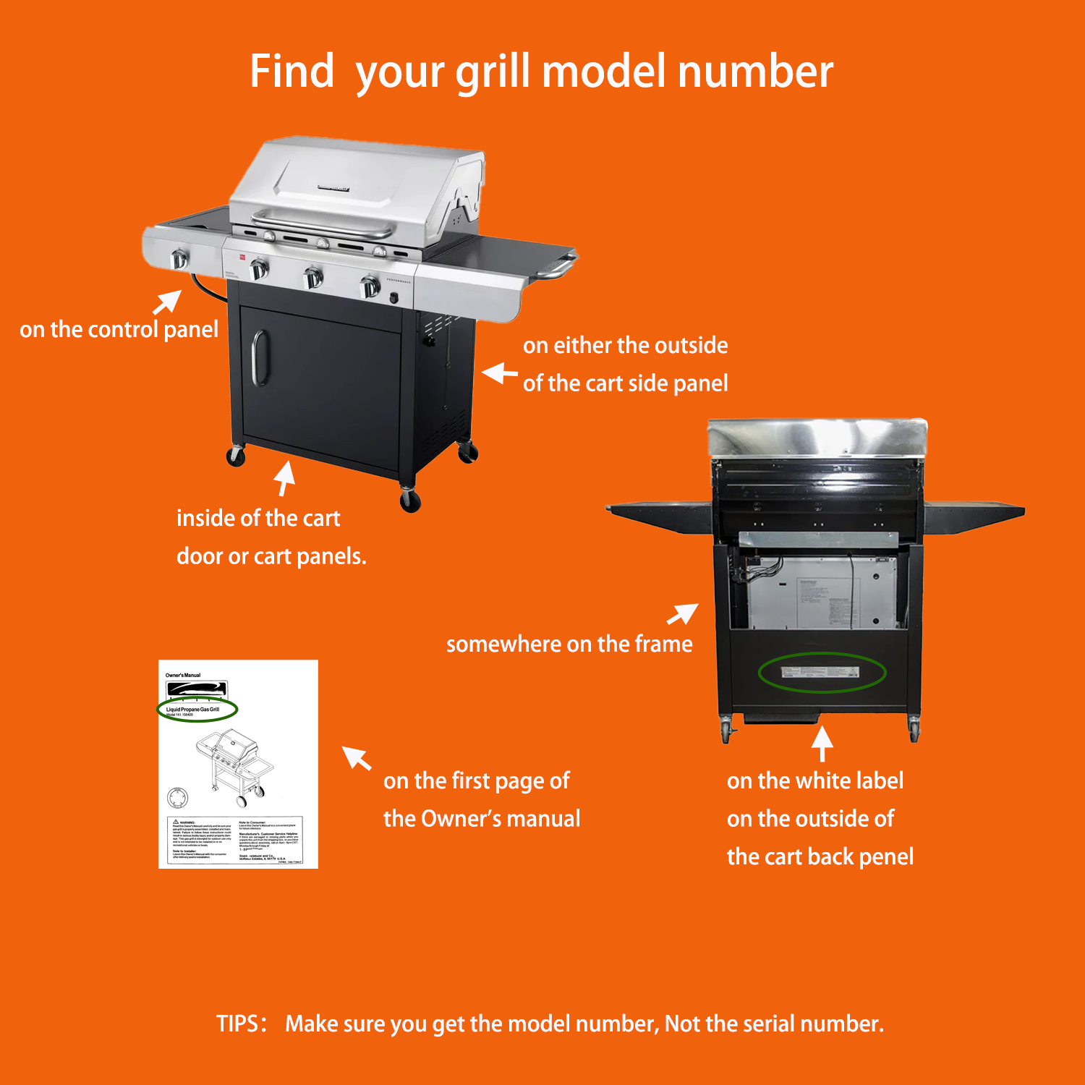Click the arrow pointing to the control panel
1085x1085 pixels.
point(167,302)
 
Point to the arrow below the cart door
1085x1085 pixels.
point(285,478)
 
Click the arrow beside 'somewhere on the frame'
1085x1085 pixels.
point(682,614)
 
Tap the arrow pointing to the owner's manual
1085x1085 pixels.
point(356,757)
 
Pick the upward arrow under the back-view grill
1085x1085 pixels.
point(822,743)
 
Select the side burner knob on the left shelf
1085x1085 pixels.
point(179,259)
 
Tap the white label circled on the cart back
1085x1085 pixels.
point(820,673)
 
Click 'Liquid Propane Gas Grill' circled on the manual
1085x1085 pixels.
point(192,709)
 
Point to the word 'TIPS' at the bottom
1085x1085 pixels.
point(237,1024)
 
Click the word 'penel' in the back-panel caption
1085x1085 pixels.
point(886,856)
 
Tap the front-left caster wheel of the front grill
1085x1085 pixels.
point(236,456)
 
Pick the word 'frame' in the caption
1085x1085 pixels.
point(663,644)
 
